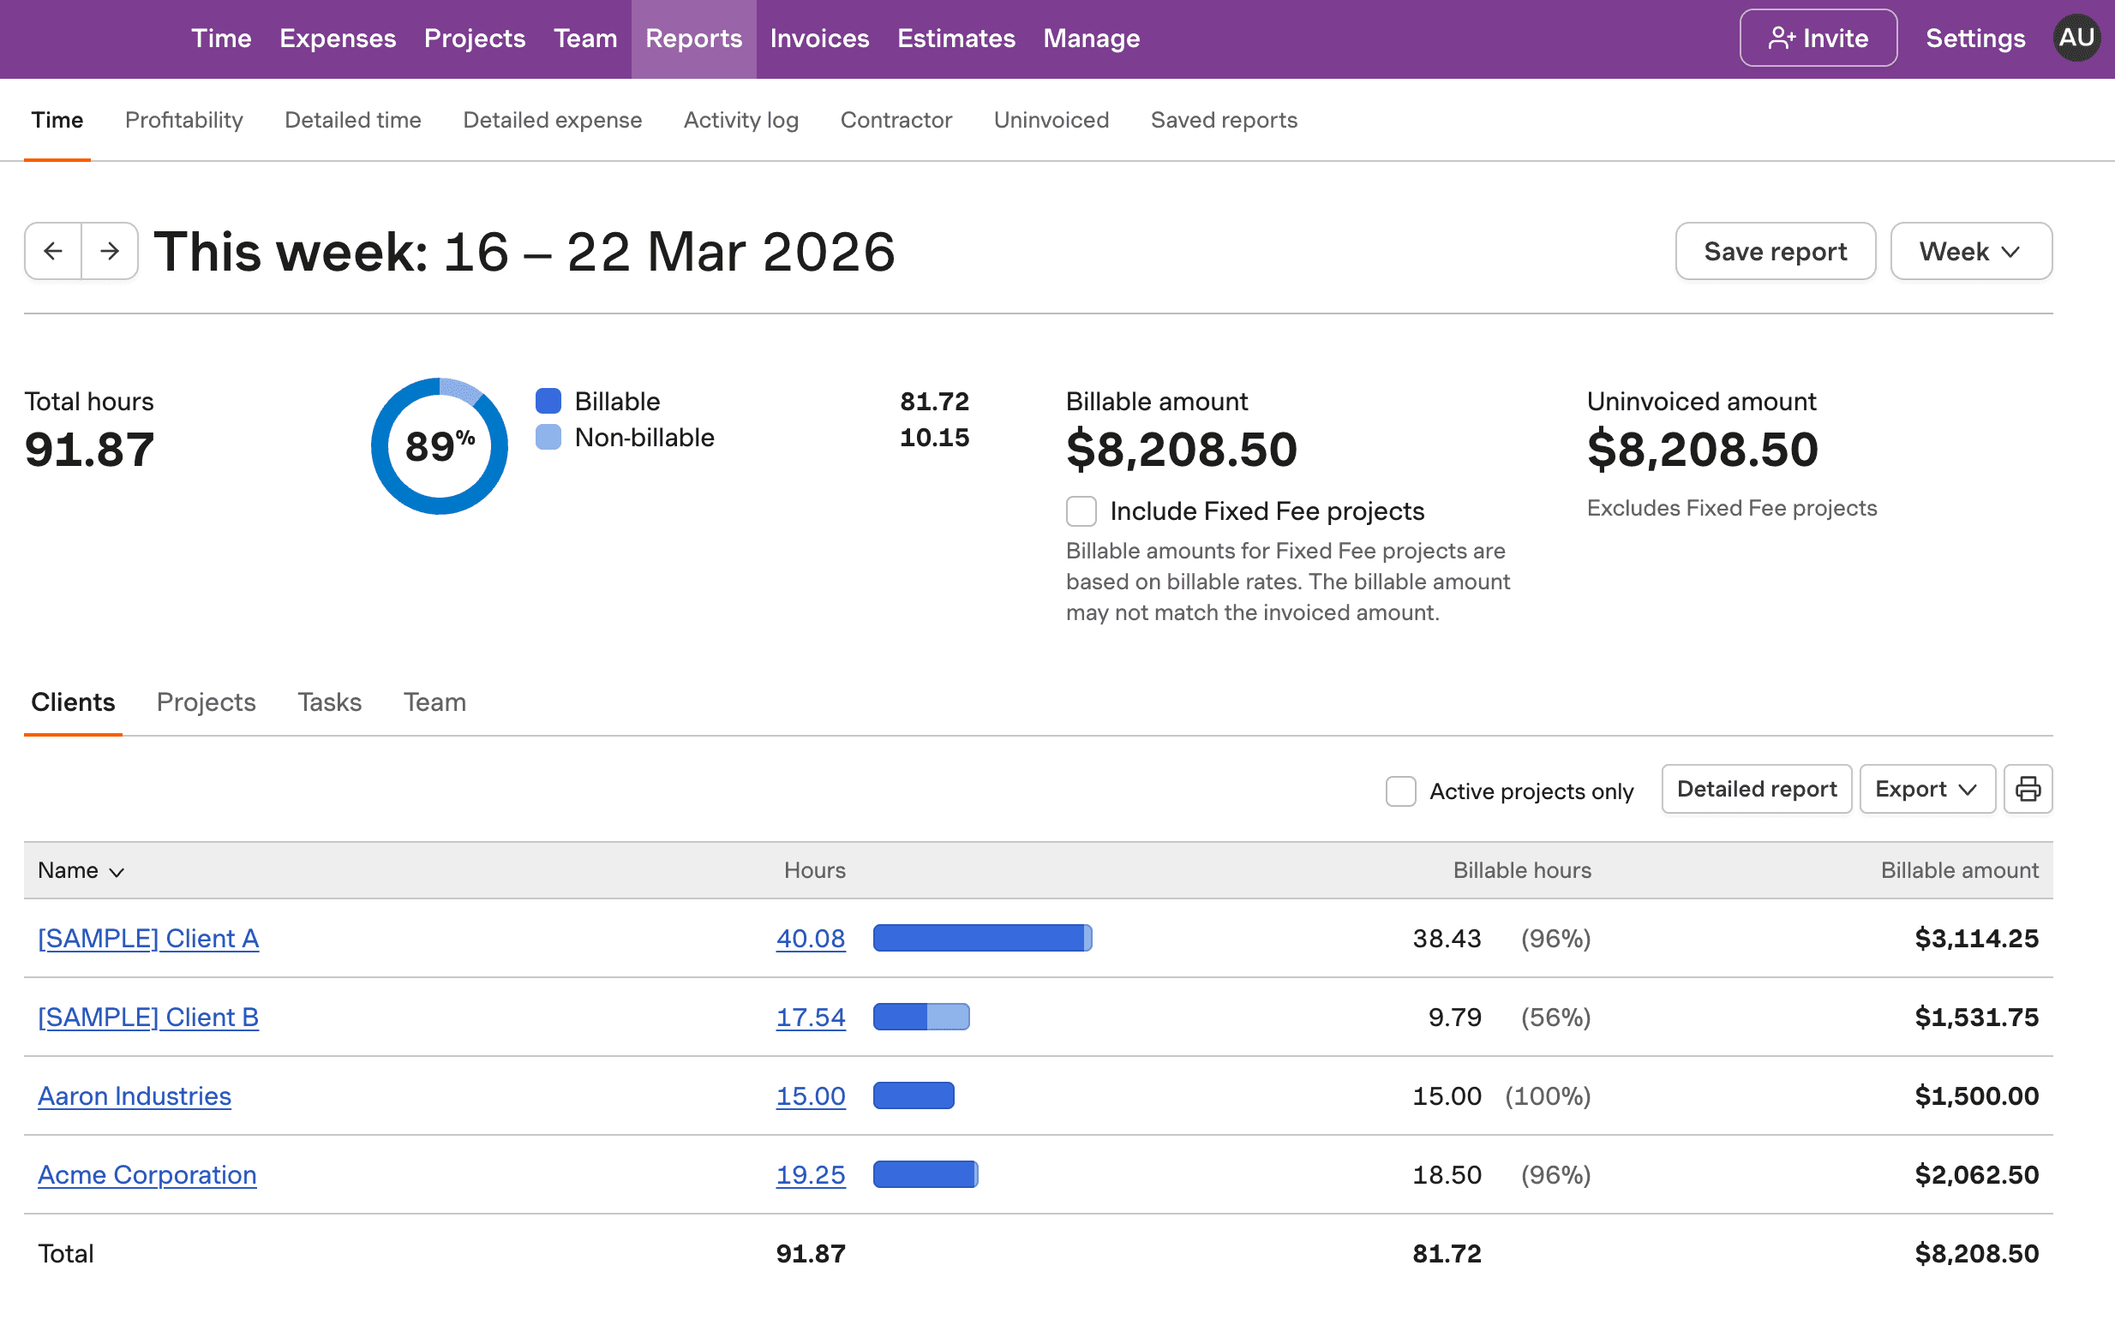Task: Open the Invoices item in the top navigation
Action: coord(818,39)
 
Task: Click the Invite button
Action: coord(1818,39)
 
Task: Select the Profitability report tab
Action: coord(183,120)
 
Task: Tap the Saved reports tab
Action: coord(1223,120)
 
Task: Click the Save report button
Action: coord(1774,251)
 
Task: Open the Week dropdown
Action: coord(1969,251)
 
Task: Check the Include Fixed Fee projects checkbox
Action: coord(1081,511)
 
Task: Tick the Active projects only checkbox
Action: coord(1400,791)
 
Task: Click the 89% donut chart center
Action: coord(439,446)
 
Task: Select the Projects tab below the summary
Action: coord(206,702)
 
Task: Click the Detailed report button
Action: coord(1756,790)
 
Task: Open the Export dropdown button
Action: coord(1926,790)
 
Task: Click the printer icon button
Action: coord(2028,790)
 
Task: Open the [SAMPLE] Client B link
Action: coord(148,1018)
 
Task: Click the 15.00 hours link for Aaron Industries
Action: coord(810,1095)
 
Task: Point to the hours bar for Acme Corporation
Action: coord(925,1175)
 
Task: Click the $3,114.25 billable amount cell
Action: coord(1975,939)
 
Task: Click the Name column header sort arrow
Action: coord(117,872)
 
